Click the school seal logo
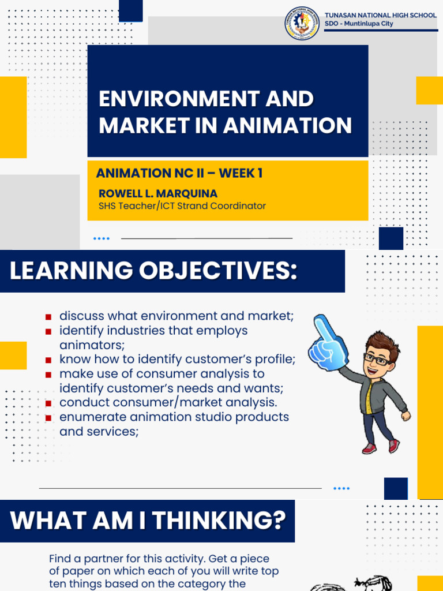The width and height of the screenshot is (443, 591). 302,23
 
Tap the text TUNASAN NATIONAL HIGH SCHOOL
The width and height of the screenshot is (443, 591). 381,16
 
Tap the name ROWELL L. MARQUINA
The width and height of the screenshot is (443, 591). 158,193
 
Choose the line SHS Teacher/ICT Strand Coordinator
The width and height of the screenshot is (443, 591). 182,205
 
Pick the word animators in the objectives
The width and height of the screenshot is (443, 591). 92,345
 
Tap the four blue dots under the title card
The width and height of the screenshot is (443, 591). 101,238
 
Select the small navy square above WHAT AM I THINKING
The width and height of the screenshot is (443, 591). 396,488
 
